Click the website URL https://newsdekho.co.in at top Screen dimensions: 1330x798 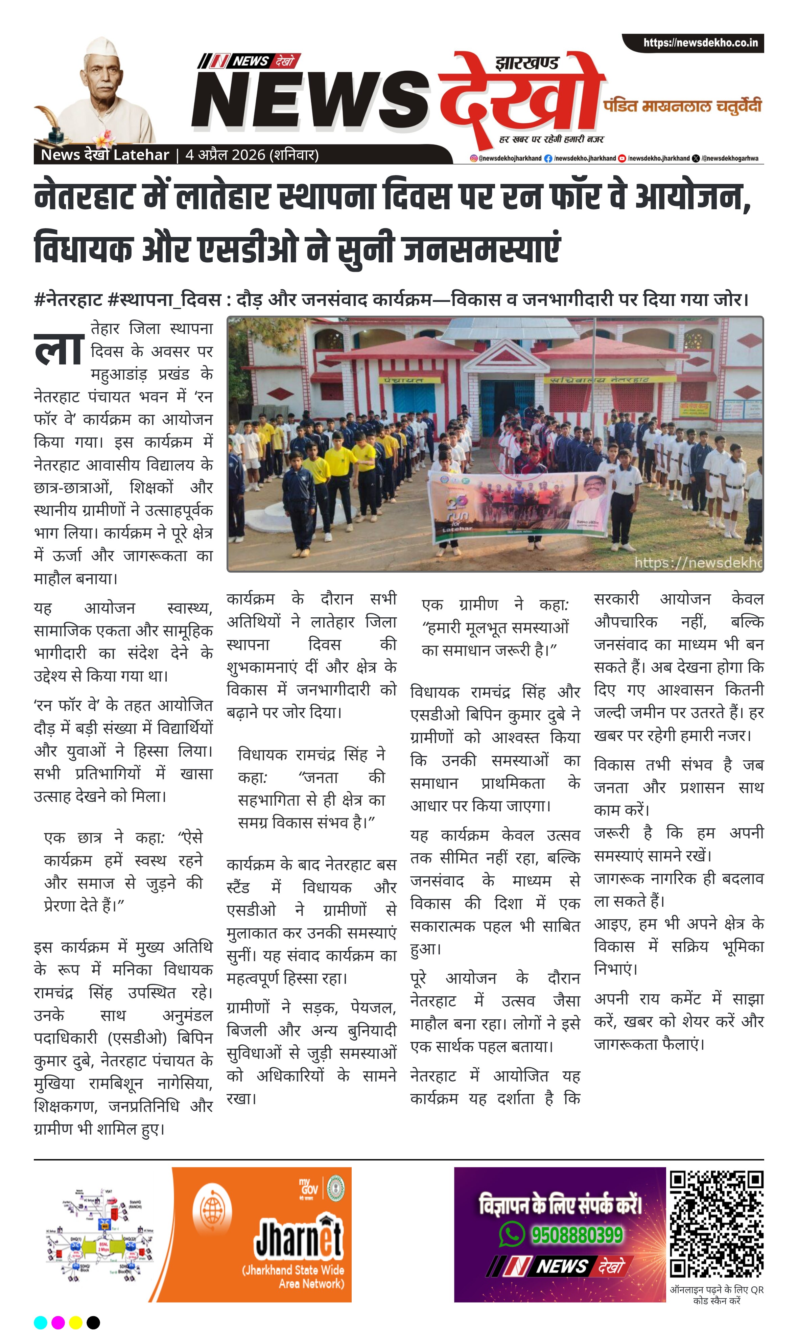[x=700, y=43]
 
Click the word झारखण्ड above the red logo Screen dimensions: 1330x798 [x=526, y=64]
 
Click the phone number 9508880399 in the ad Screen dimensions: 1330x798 [x=577, y=1235]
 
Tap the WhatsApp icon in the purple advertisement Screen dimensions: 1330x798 [x=511, y=1234]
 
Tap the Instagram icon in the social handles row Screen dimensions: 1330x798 [x=473, y=159]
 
